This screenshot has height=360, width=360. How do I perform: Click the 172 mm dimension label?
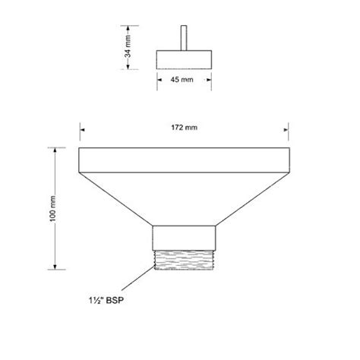coord(184,128)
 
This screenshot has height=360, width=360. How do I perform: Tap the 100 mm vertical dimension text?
coord(53,208)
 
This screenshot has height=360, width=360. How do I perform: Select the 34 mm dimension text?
coord(128,46)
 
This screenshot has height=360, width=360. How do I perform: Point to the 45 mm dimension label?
coord(182,80)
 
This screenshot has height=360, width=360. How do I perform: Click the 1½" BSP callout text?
coord(106,301)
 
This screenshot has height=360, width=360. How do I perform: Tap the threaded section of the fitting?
coord(184,260)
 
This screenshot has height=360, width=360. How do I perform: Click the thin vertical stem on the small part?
coord(184,38)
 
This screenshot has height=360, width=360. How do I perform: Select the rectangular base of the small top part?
coord(184,60)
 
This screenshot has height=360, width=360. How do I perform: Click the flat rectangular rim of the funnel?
coord(184,160)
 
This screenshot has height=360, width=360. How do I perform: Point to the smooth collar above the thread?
coord(184,238)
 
